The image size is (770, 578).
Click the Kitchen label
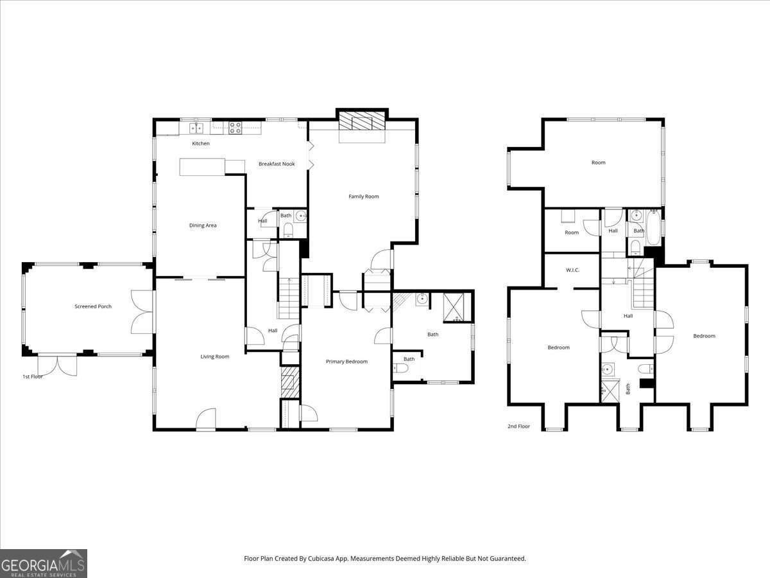201,143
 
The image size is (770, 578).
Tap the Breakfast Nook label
277,164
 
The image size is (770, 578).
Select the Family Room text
363,197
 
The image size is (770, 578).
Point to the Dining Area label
203,225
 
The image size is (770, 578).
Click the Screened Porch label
93,306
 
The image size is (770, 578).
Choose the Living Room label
215,356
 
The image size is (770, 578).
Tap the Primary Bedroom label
346,362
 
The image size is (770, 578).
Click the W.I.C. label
572,270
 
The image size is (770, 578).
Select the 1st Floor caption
33,376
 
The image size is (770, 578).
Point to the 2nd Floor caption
518,426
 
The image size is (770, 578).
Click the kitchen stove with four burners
235,128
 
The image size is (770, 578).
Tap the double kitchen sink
196,128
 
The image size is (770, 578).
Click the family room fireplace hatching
362,121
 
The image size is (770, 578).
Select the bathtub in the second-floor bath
653,227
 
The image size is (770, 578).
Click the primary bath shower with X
454,308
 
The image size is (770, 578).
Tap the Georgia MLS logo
44,563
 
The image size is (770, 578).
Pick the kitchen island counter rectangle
202,167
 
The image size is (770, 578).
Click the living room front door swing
205,419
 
